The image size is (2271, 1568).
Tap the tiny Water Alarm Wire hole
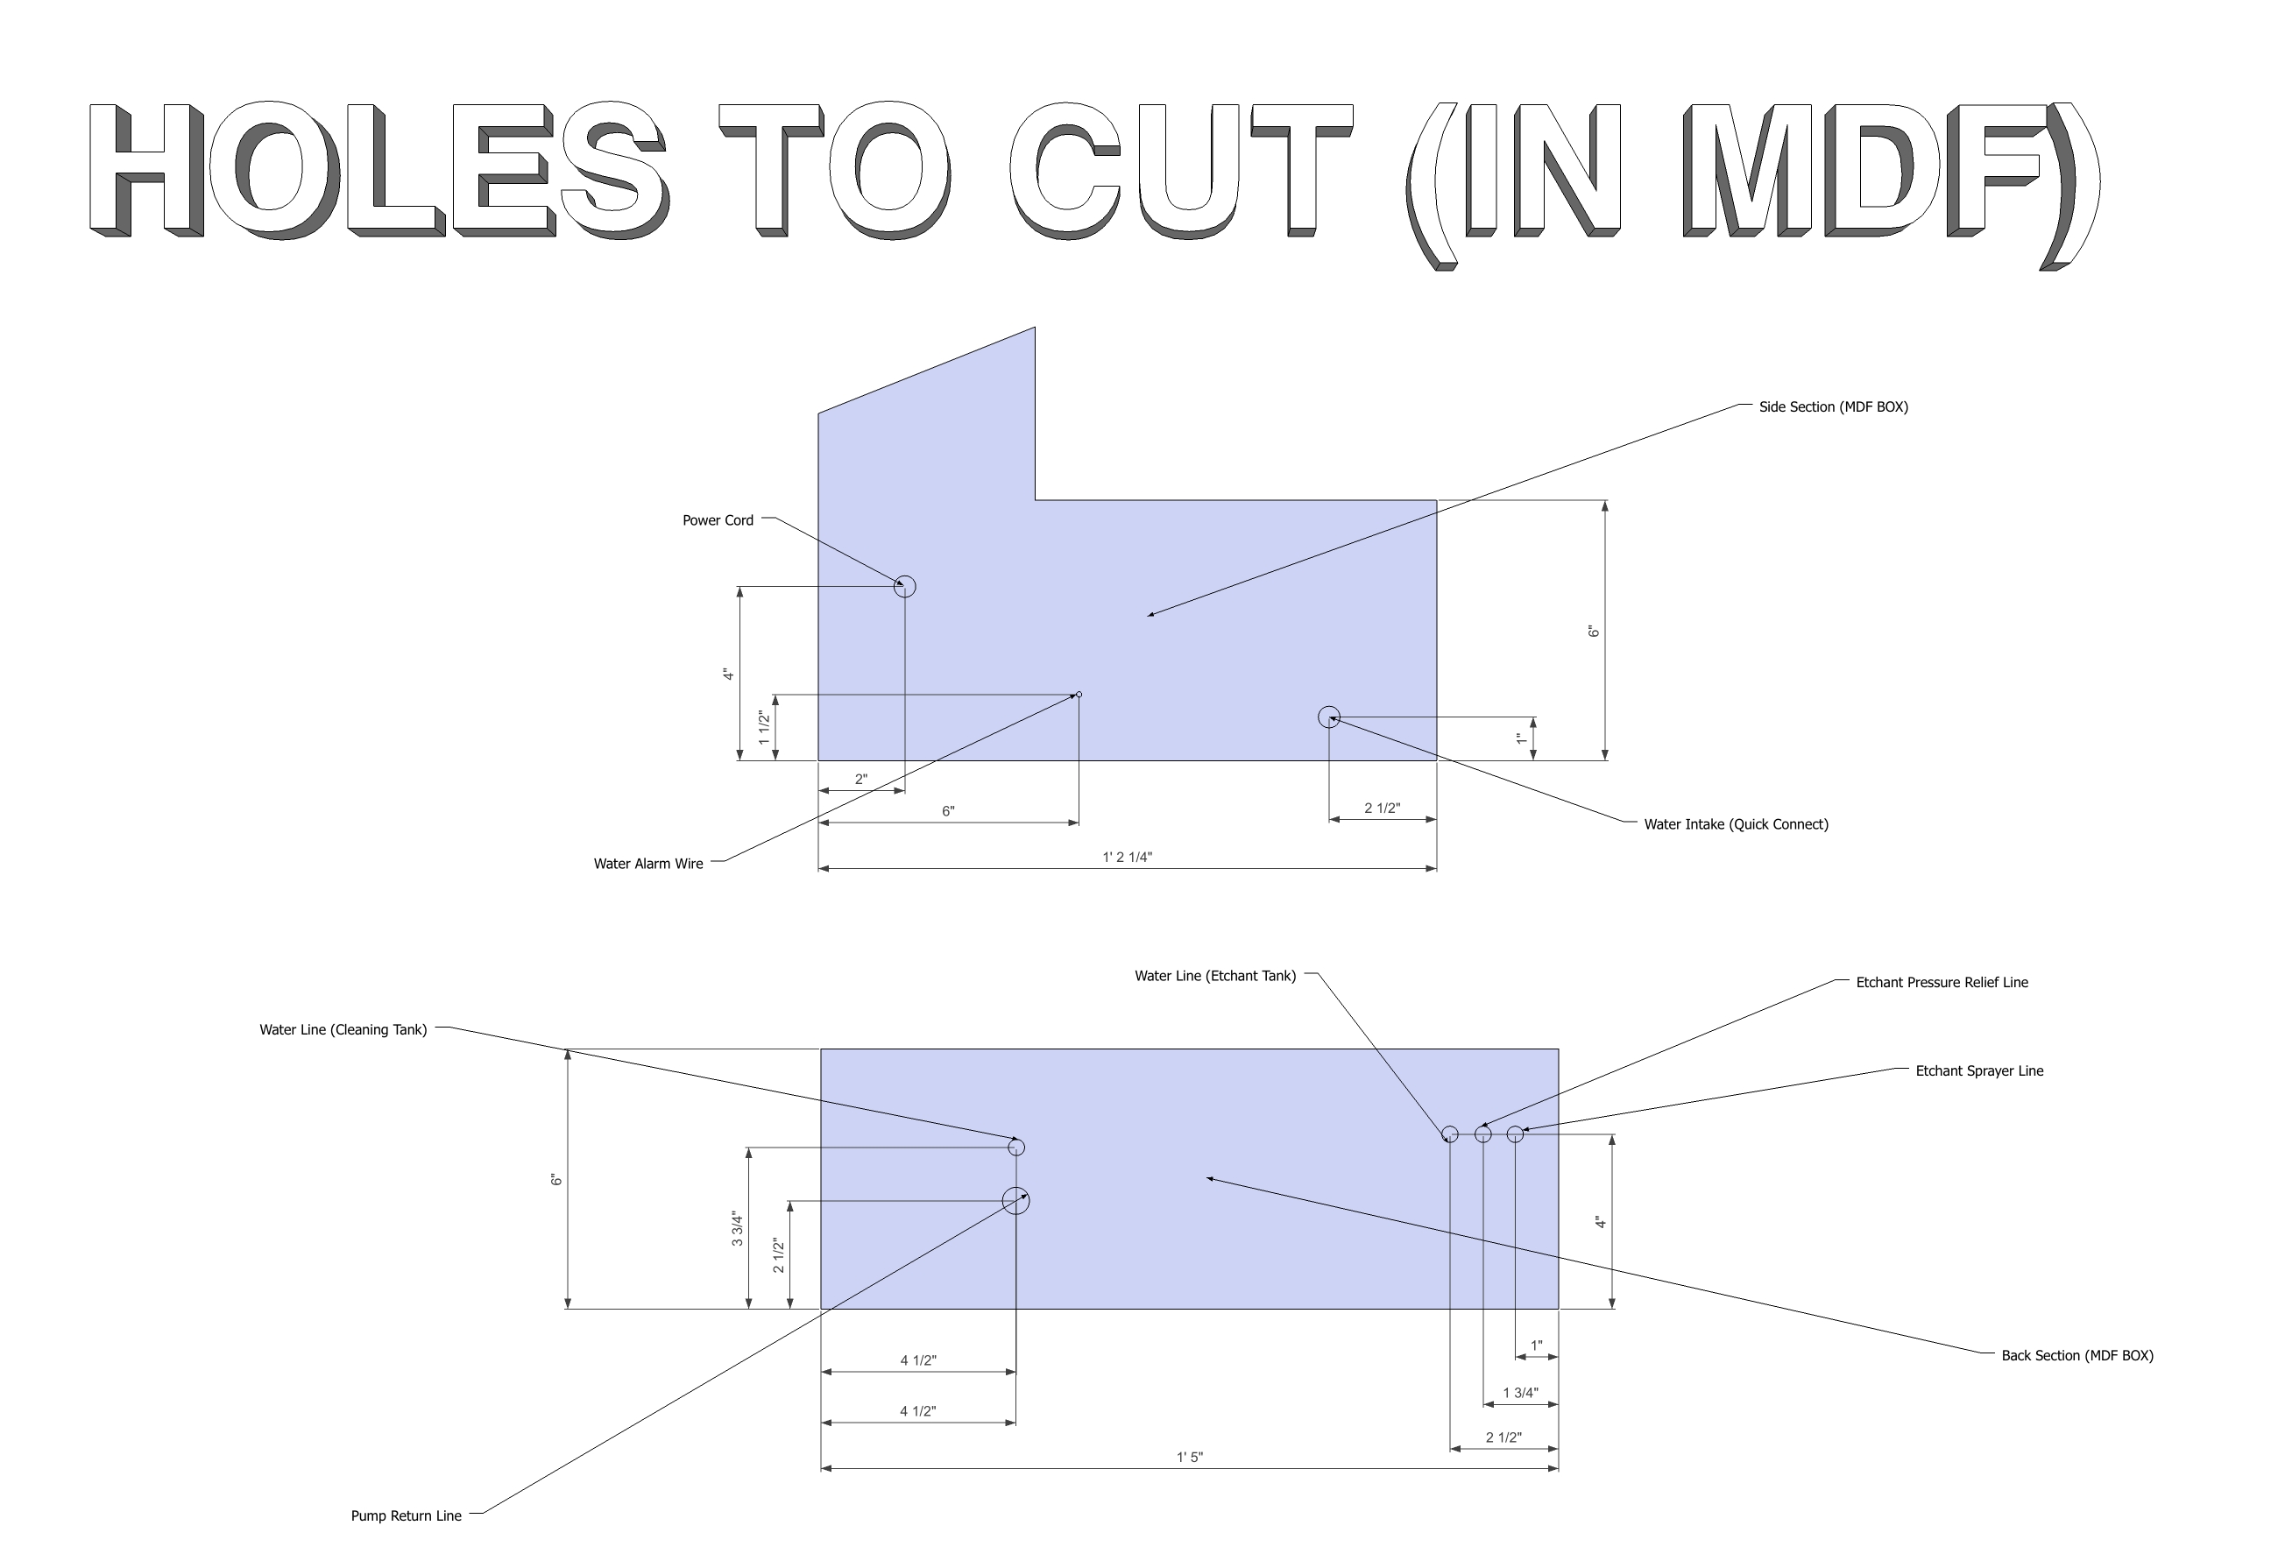(1079, 695)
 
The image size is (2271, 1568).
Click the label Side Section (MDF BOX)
(1833, 406)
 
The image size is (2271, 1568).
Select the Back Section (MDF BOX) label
(2076, 1356)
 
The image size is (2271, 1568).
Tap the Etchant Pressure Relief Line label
(1941, 983)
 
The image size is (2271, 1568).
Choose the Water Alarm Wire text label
(647, 864)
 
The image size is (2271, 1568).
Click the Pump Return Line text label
(406, 1516)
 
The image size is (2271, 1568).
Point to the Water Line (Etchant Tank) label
(1214, 976)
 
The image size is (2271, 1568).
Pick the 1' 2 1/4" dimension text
(1126, 857)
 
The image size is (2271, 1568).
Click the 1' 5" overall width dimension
(1189, 1457)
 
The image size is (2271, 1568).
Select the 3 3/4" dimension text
(737, 1229)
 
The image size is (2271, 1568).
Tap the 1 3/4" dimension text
(1520, 1392)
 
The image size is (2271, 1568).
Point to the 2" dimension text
(861, 779)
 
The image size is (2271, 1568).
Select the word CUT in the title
(1181, 169)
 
